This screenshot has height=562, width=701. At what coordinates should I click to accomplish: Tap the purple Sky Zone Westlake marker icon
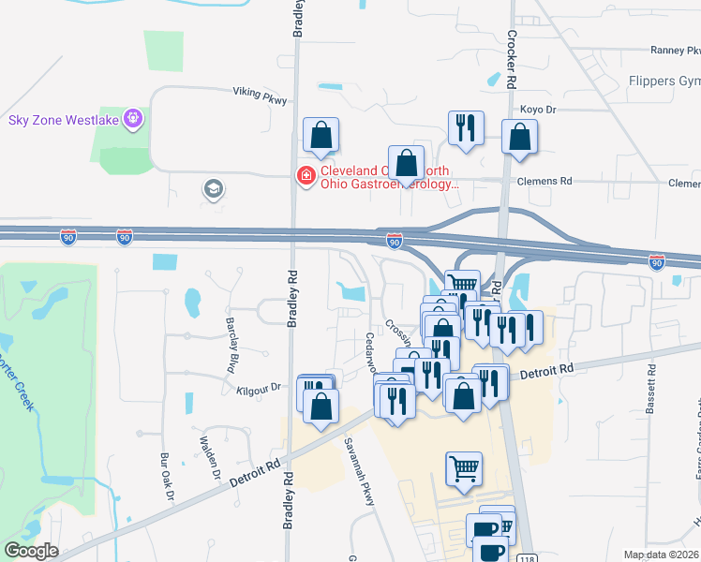[135, 118]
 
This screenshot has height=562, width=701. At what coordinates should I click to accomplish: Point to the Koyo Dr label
[539, 110]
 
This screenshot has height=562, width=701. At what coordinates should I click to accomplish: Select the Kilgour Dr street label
[260, 387]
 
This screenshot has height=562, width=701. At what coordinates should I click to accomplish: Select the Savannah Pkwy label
[359, 471]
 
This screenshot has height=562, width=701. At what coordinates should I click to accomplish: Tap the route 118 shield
[525, 555]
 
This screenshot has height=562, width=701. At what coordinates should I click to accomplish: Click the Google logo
[31, 551]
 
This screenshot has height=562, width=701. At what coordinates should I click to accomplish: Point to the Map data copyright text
[662, 555]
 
